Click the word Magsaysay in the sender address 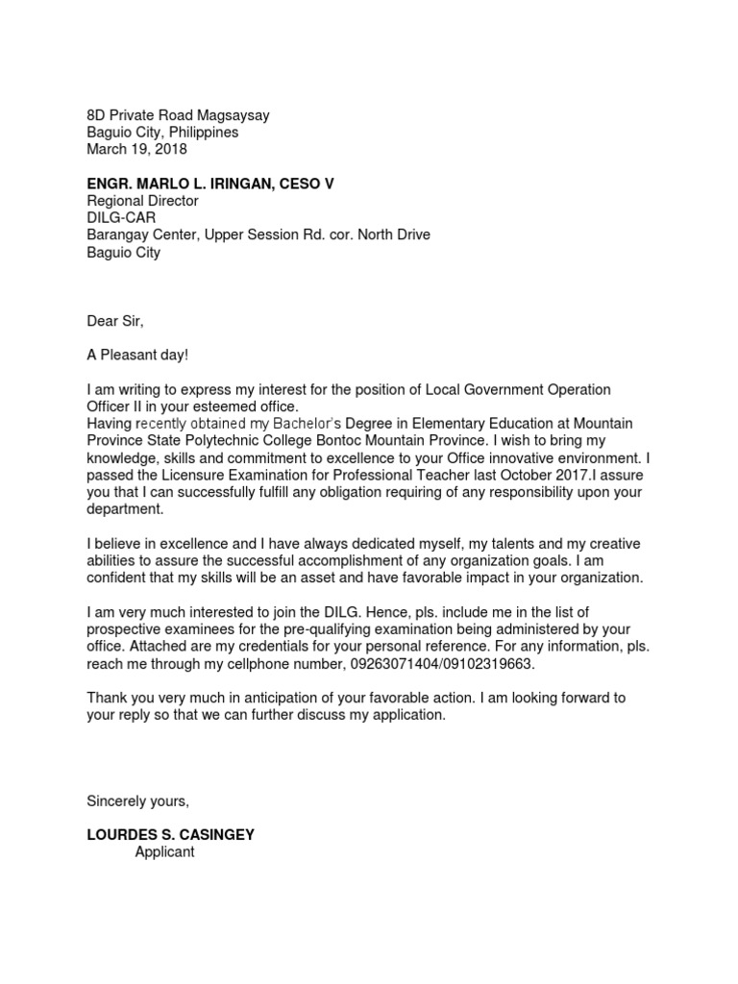click(x=234, y=115)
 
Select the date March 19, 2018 click(x=137, y=149)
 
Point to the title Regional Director click(x=142, y=201)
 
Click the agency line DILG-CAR click(x=121, y=218)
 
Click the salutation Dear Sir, click(x=114, y=322)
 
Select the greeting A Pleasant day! click(x=138, y=356)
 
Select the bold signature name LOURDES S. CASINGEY click(x=170, y=835)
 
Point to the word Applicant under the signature click(x=164, y=852)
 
